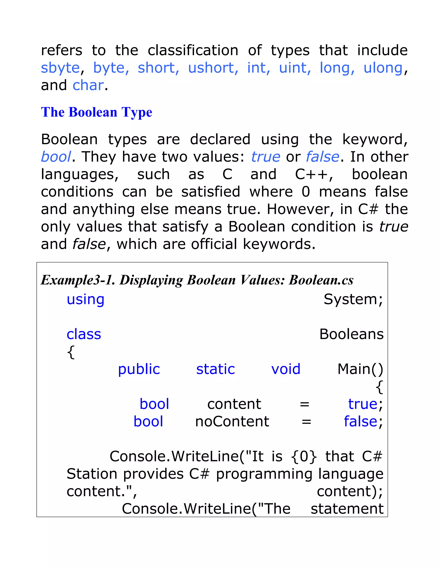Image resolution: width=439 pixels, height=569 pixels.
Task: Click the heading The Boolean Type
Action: click(96, 112)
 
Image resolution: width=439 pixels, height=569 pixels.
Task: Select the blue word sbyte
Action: click(60, 68)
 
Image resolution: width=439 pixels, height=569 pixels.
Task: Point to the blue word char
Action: click(88, 85)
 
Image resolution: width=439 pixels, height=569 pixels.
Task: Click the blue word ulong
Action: click(383, 68)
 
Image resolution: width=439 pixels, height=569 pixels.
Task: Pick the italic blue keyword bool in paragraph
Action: click(56, 157)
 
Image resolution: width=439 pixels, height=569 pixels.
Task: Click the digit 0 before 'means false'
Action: click(306, 192)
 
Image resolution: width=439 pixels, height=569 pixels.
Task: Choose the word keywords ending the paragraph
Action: click(278, 244)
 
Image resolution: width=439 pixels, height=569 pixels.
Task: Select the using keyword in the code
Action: click(86, 299)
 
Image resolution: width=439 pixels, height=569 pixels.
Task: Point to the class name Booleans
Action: click(351, 334)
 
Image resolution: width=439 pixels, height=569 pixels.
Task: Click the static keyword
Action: click(216, 369)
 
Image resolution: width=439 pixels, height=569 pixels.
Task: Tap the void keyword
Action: click(286, 369)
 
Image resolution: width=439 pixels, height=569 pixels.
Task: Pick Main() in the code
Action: click(360, 369)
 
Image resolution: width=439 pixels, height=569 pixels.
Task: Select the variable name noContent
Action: click(232, 421)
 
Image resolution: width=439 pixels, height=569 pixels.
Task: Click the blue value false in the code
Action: click(361, 421)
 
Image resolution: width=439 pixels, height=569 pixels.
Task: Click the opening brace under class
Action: click(71, 352)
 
